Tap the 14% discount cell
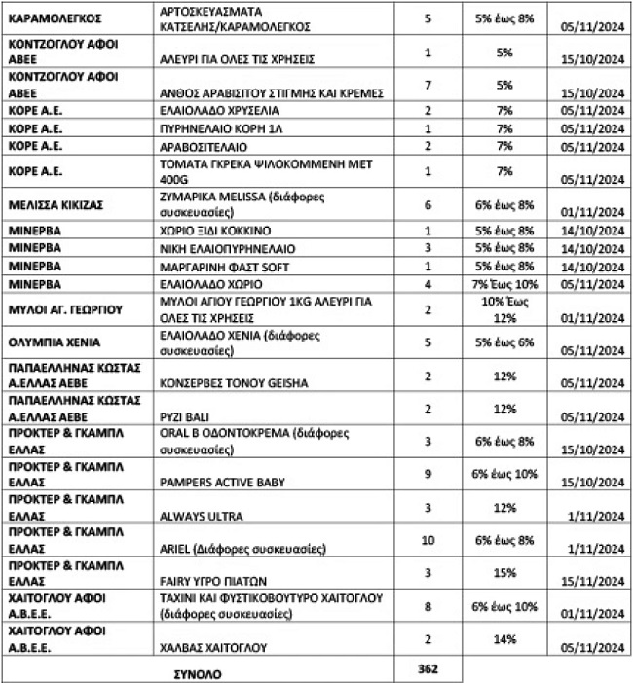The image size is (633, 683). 503,637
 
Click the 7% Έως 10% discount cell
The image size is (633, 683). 503,283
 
